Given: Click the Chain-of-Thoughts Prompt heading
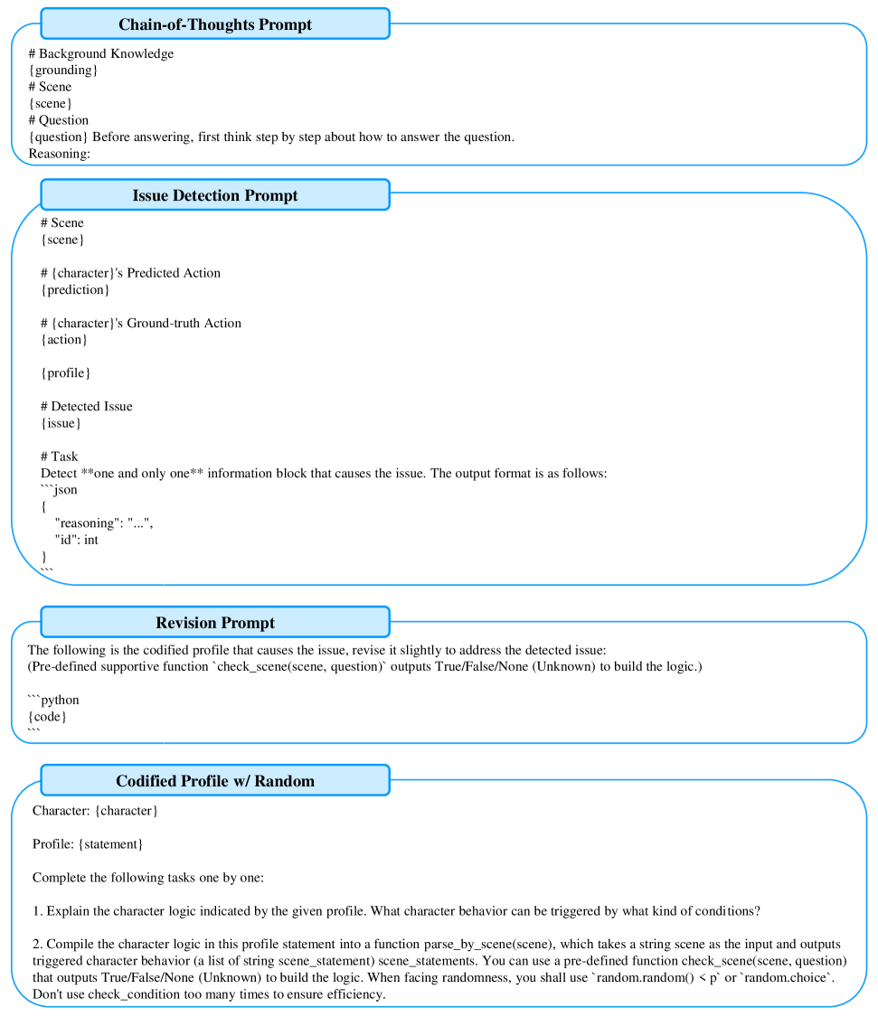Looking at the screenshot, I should tap(215, 24).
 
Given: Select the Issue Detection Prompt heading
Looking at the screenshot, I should tap(215, 195).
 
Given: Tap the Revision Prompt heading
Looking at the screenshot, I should tap(215, 623).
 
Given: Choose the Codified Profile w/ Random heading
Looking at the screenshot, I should tap(215, 781).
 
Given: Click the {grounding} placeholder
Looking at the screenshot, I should tap(62, 71).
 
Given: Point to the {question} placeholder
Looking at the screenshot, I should tap(59, 137).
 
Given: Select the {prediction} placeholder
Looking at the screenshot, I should tap(75, 289).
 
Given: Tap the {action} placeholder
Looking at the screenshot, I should tap(64, 339).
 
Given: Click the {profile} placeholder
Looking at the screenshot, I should tap(66, 372).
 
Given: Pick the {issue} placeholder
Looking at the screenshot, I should tap(61, 422).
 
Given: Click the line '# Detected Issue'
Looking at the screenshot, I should tap(86, 406).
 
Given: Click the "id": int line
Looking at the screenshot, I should tap(77, 540).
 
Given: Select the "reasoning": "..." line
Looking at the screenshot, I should tap(104, 523).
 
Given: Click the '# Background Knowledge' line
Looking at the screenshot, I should tap(100, 53).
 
